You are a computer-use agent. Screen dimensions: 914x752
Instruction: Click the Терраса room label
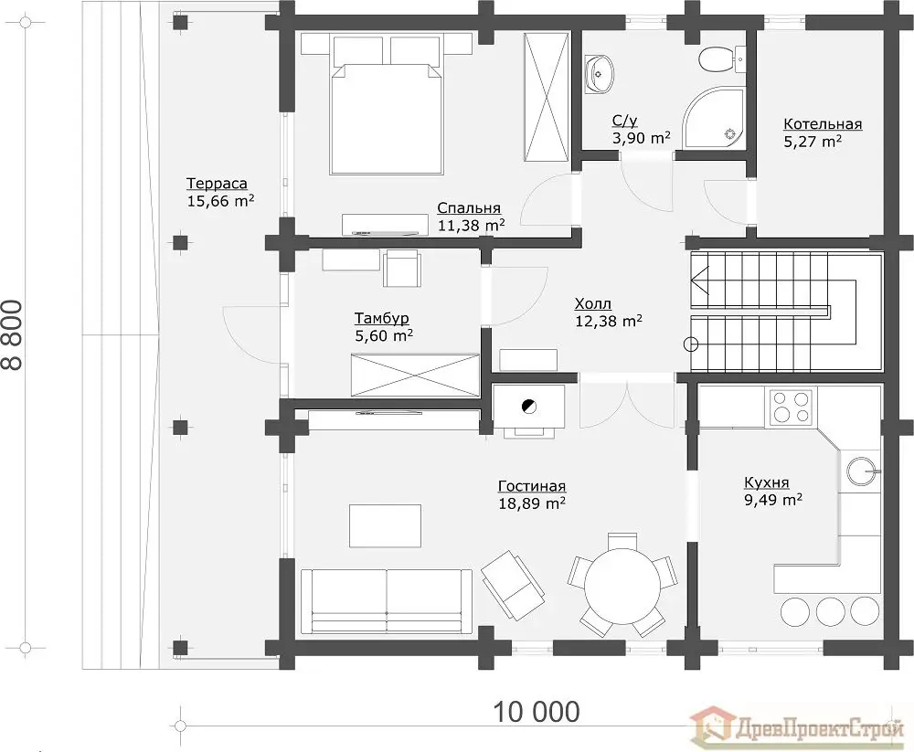pos(217,184)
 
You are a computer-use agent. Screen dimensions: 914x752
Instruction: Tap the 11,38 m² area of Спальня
pos(471,225)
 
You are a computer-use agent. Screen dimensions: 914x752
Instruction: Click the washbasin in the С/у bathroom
pos(599,73)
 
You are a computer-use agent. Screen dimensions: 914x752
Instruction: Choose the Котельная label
pos(823,124)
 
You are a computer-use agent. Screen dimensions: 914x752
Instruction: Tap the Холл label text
pos(593,303)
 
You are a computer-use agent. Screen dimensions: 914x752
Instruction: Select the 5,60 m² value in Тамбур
pos(384,335)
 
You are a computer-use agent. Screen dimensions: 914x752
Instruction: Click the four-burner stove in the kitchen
pos(791,407)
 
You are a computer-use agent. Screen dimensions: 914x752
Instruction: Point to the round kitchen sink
pos(861,470)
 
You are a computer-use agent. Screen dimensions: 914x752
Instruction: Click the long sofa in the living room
pos(387,601)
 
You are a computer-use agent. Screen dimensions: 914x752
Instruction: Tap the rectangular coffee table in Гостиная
pos(385,525)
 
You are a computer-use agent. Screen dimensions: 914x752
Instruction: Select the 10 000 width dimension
pos(537,712)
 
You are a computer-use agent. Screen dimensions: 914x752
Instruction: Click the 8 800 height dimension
pos(13,334)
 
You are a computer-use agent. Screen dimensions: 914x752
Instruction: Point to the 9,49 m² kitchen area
pos(773,500)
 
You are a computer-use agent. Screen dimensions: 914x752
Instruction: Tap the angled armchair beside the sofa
pos(513,586)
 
